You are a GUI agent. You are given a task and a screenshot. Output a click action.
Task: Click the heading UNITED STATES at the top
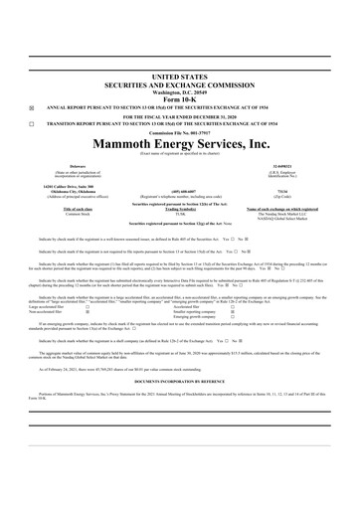tap(179, 76)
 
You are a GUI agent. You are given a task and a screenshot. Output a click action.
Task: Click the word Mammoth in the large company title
tap(120, 144)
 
